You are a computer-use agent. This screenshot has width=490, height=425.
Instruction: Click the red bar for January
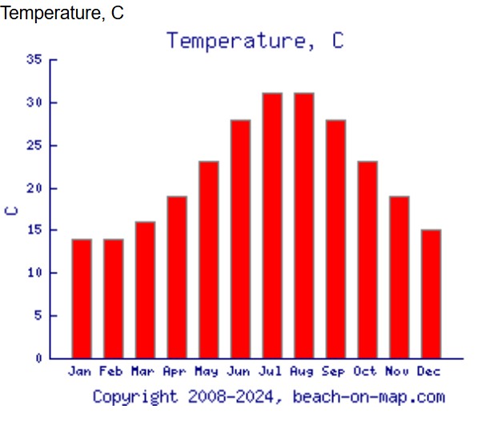[x=82, y=298]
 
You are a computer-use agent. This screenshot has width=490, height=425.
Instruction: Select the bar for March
[x=145, y=289]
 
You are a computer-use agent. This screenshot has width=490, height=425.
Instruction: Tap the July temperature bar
[x=272, y=225]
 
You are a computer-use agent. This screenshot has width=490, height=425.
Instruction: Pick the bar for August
[x=303, y=225]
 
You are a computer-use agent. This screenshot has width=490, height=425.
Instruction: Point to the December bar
[x=431, y=293]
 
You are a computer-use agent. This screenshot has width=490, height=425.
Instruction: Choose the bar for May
[x=208, y=260]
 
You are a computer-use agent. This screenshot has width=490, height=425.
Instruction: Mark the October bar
[x=367, y=260]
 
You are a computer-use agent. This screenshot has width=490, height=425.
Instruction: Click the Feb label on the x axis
[x=112, y=371]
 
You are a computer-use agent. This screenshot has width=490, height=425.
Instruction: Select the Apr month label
[x=175, y=371]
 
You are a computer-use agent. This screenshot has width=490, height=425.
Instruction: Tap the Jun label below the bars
[x=239, y=371]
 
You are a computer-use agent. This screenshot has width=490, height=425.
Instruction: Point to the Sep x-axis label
[x=334, y=371]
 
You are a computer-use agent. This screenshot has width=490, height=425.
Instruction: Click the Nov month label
[x=398, y=371]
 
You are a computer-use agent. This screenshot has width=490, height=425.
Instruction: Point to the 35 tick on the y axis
[x=34, y=59]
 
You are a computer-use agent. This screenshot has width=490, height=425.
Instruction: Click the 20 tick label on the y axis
[x=34, y=188]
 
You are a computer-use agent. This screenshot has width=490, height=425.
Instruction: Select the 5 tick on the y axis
[x=38, y=315]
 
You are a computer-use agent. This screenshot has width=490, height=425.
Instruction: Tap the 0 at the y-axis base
[x=38, y=358]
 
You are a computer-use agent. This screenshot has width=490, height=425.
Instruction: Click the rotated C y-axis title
[x=12, y=210]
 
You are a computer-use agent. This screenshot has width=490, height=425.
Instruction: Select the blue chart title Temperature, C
[x=255, y=40]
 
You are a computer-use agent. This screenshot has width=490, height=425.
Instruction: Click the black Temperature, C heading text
[x=62, y=13]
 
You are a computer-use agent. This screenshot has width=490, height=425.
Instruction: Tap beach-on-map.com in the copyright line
[x=368, y=396]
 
